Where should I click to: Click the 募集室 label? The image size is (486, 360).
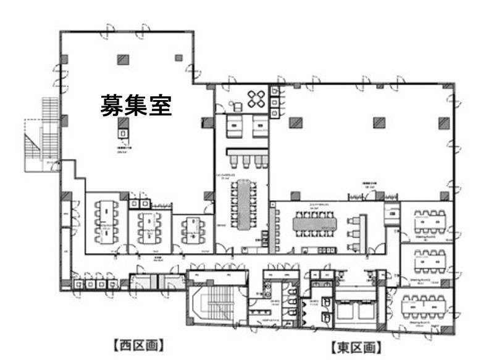tap(136, 106)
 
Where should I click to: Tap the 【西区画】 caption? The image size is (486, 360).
tap(138, 345)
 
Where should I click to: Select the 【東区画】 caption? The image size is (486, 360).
tap(356, 348)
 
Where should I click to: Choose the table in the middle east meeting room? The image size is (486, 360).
tap(429, 259)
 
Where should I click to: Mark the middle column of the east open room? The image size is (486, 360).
tap(379, 122)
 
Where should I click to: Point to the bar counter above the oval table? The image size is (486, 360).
tap(247, 151)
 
